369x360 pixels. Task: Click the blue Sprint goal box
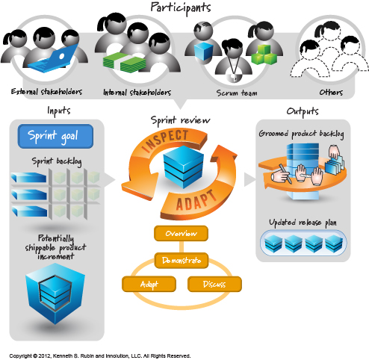(x=55, y=136)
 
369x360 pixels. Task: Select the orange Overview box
(x=181, y=233)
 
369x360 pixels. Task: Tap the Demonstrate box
(x=182, y=261)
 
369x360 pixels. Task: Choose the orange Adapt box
(x=149, y=284)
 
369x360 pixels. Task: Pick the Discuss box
(x=214, y=284)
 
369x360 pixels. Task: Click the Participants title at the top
(x=181, y=8)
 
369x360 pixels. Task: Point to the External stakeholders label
(x=46, y=92)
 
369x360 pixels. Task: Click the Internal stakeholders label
(x=137, y=93)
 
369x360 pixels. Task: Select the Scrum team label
(x=237, y=93)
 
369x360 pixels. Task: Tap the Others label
(x=331, y=93)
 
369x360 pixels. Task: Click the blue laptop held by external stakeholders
(x=54, y=59)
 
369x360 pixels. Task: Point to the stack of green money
(x=124, y=62)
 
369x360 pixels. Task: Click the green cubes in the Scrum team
(x=264, y=55)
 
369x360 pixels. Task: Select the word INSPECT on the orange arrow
(x=167, y=140)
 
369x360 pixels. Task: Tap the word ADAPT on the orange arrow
(x=196, y=201)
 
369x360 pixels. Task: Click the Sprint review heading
(x=180, y=120)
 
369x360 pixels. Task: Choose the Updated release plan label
(x=303, y=223)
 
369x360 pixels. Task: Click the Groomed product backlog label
(x=301, y=134)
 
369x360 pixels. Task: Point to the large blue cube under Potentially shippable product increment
(x=55, y=294)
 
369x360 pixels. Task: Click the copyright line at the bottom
(x=100, y=356)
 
